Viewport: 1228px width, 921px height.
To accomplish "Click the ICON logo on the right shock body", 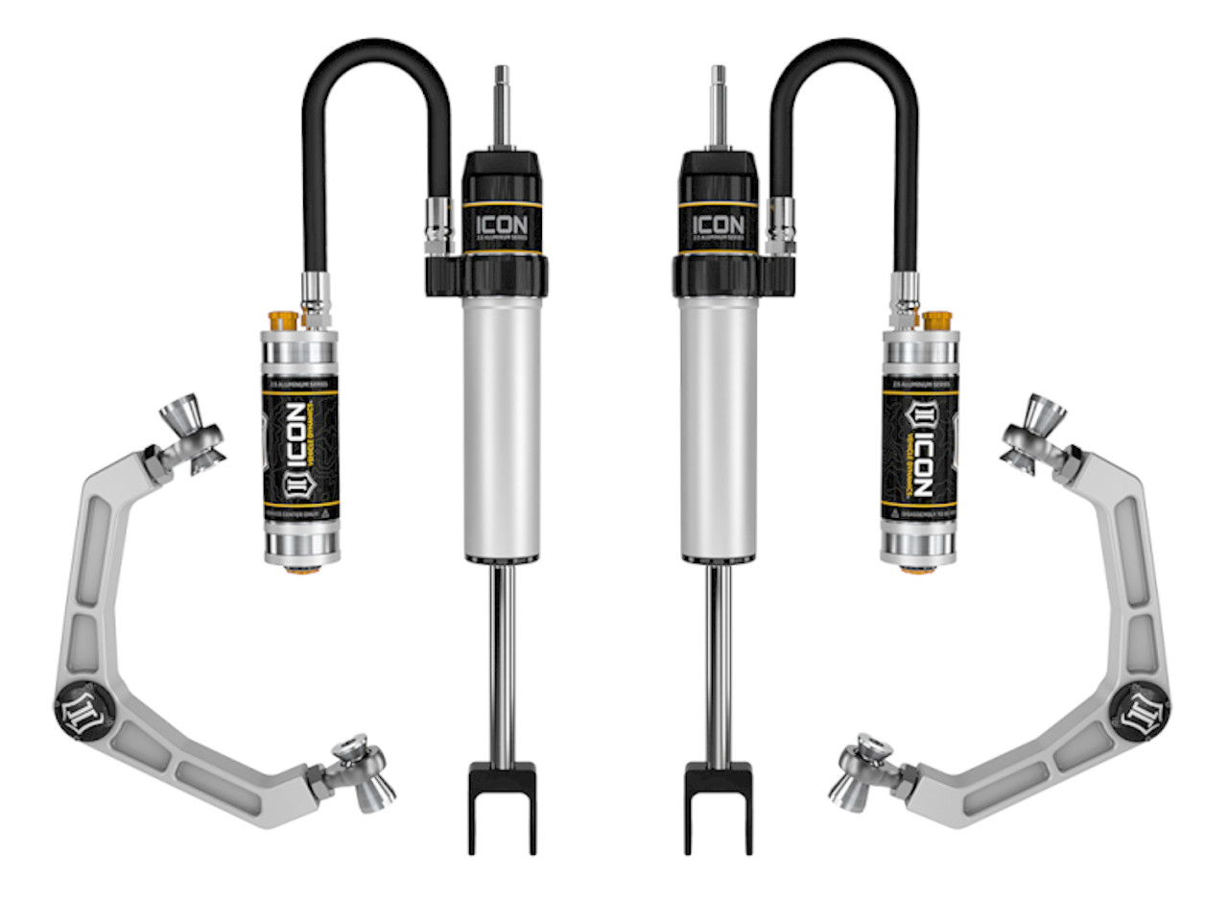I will coord(719,227).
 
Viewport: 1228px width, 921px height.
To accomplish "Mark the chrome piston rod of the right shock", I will coord(718,662).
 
